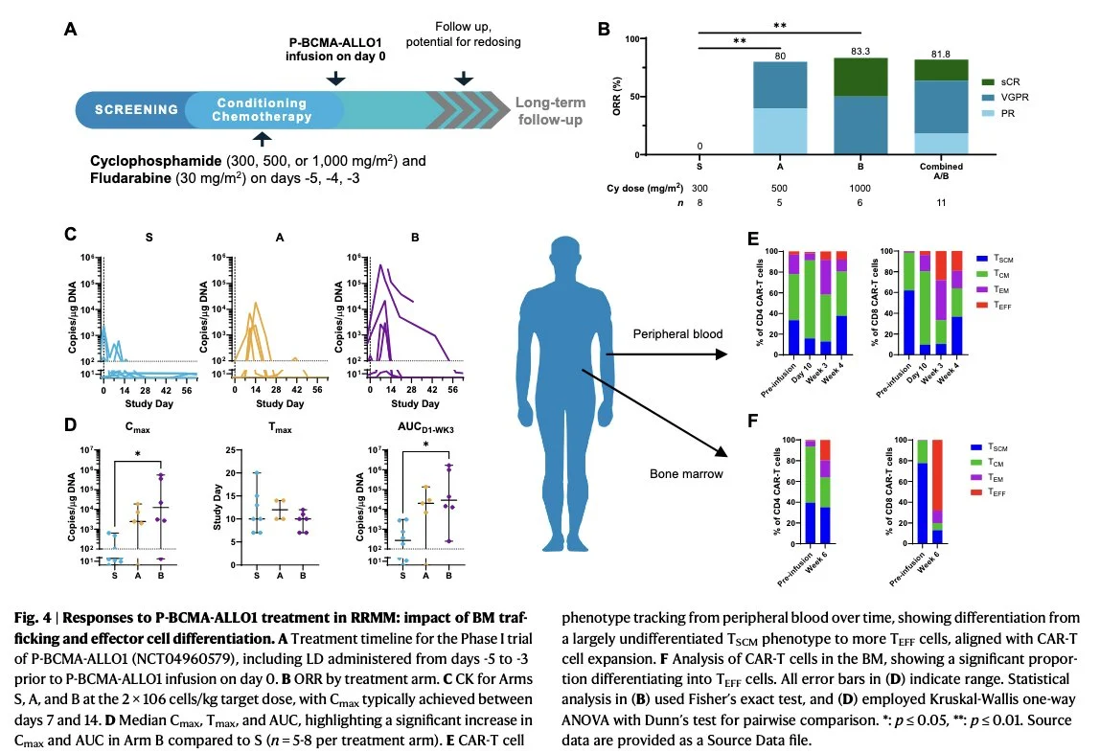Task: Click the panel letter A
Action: [x=70, y=30]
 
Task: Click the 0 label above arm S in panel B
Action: [x=699, y=147]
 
